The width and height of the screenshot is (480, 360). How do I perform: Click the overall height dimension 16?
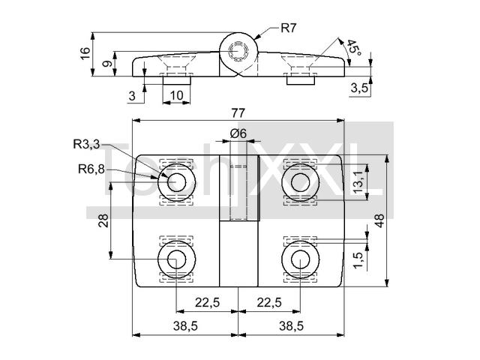[85, 53]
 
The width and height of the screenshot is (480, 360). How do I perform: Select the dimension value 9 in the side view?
[106, 64]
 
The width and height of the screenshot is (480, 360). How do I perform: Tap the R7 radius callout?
[289, 28]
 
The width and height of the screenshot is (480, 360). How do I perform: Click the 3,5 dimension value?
[358, 88]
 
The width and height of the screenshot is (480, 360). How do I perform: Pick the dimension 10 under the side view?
[176, 95]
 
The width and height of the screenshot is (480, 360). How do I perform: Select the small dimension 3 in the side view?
[132, 95]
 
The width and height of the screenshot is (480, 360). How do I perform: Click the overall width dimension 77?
[238, 113]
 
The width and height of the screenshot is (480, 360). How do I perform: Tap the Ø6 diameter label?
[238, 133]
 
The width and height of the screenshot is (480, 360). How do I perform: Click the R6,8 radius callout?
[90, 169]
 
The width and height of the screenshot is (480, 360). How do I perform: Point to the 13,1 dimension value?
[359, 181]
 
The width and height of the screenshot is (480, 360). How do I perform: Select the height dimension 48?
[380, 220]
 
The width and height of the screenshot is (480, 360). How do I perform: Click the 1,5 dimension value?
[359, 260]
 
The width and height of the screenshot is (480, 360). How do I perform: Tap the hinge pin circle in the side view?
[238, 52]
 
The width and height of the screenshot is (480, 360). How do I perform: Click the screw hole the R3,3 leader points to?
[177, 181]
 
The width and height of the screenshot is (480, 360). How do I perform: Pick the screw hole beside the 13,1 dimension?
[299, 181]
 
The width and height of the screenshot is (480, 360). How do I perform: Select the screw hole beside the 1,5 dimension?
[299, 259]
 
